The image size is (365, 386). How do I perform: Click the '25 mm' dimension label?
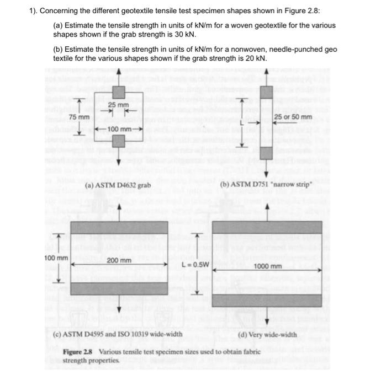pos(119,105)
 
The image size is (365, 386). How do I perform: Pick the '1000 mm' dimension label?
pos(268,266)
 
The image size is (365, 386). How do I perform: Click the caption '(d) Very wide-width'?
pos(266,334)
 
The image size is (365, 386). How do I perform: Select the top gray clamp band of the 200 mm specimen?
pos(119,227)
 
